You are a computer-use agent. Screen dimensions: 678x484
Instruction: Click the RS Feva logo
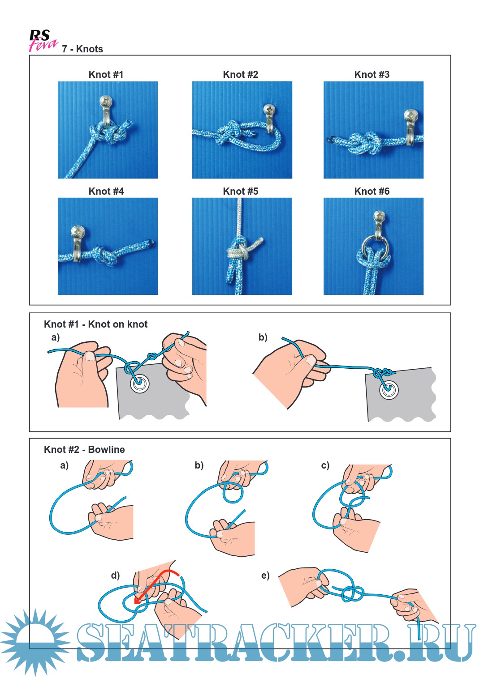click(x=43, y=41)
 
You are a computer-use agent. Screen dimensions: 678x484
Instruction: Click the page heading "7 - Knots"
click(x=82, y=49)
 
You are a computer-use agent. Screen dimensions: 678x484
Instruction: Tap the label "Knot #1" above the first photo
click(x=106, y=75)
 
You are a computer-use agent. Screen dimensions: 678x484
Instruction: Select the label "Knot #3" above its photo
click(x=372, y=75)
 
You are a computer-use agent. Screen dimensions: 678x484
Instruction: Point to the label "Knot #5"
click(x=240, y=192)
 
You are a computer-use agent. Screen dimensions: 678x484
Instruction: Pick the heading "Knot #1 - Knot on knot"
click(x=95, y=324)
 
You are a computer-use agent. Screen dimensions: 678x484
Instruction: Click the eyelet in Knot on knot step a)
click(x=139, y=383)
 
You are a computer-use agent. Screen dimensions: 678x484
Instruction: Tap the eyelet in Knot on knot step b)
click(x=389, y=389)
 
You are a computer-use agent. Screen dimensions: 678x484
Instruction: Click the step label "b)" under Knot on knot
click(x=263, y=337)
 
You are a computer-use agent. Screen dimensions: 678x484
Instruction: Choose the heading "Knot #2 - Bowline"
click(x=84, y=450)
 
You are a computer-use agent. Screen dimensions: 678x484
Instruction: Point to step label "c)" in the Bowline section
click(x=325, y=465)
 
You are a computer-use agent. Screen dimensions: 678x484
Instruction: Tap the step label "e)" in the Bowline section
click(x=265, y=576)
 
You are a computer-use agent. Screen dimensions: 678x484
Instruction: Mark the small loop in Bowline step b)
click(x=233, y=493)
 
